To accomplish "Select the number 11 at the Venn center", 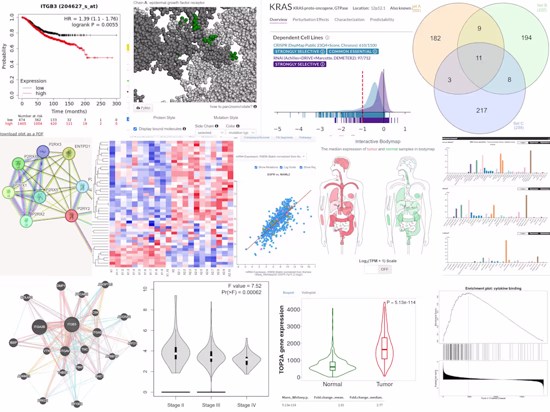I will tap(479, 58).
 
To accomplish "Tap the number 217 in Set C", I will tap(481, 110).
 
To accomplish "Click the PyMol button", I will tap(145, 108).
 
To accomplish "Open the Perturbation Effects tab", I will tap(310, 19).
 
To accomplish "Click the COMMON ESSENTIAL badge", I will tap(353, 51).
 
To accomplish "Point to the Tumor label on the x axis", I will tap(384, 384).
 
